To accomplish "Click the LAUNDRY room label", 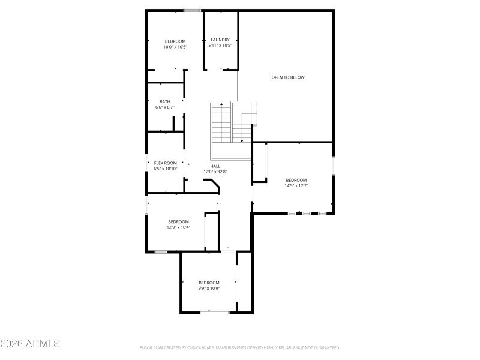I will tap(220, 40).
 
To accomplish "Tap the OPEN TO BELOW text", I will tap(288, 77).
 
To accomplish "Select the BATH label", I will tap(165, 101).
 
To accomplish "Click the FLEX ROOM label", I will tap(166, 163).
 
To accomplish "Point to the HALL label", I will tap(215, 166).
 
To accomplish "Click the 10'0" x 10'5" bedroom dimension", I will tap(176, 47).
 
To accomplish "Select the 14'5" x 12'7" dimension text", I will tap(296, 186).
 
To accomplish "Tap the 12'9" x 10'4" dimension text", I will tap(178, 227).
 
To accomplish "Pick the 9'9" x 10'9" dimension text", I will tap(209, 289).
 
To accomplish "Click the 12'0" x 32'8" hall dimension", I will tap(215, 172).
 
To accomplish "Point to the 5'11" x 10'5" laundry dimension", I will tap(220, 46).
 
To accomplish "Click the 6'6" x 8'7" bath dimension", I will tap(165, 107).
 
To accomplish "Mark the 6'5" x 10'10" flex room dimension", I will tap(166, 169).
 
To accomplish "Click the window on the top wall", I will tap(192, 10).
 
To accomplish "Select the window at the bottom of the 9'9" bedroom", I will tap(215, 312).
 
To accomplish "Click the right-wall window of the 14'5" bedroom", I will tap(334, 166).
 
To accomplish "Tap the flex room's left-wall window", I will tap(146, 163).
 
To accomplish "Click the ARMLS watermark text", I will tap(30, 344).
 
